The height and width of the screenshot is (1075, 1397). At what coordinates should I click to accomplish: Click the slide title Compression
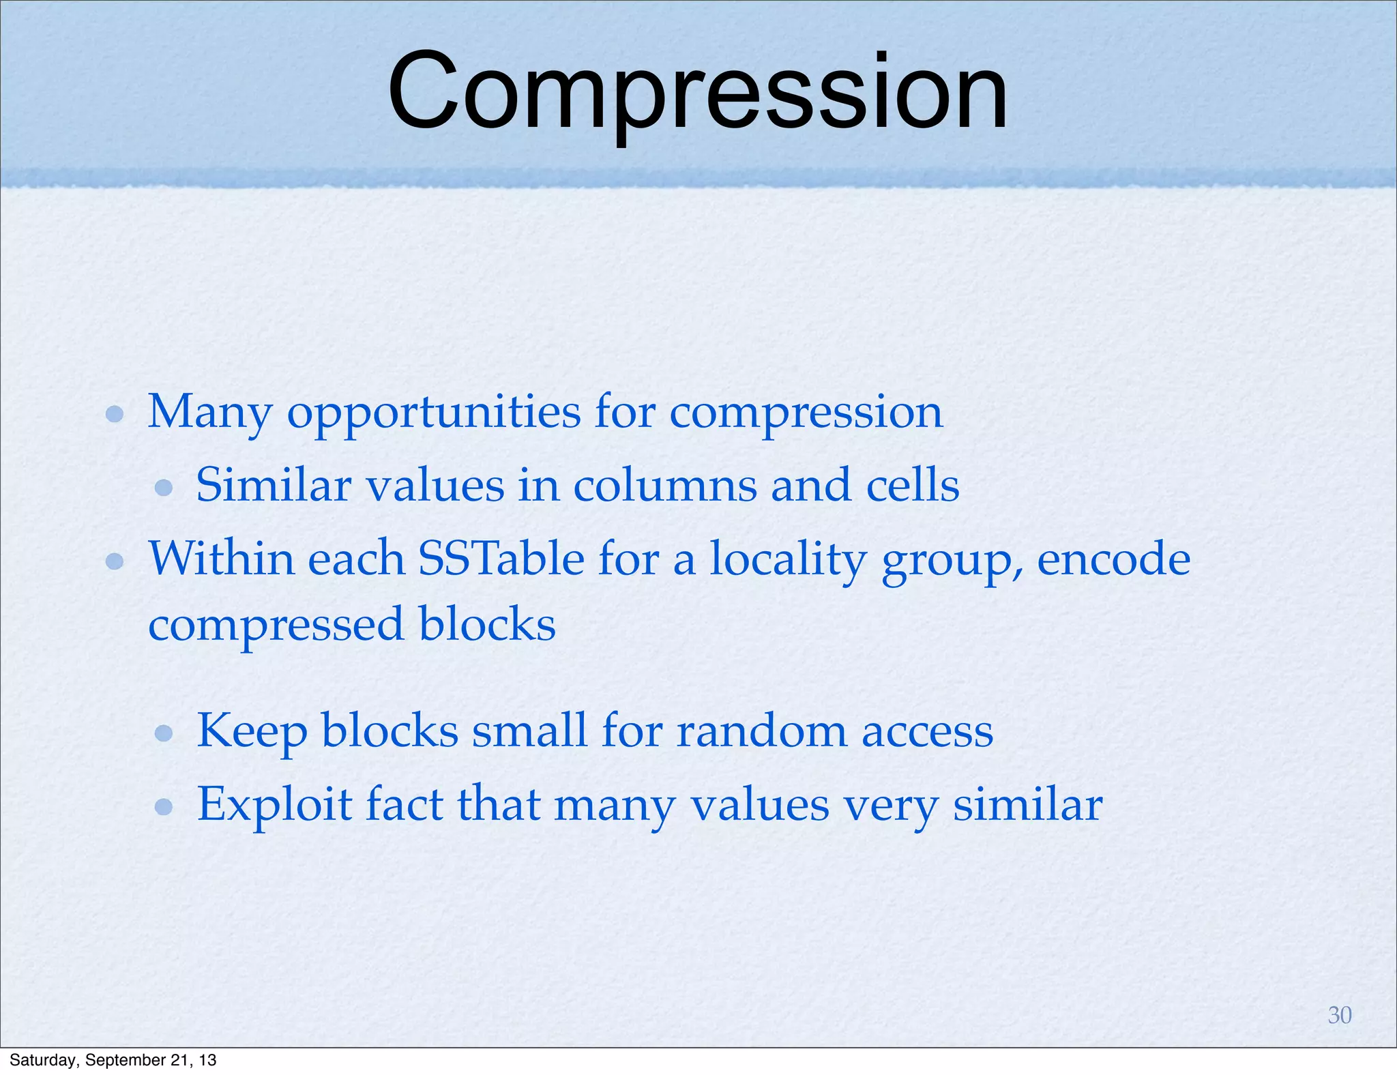pos(697,92)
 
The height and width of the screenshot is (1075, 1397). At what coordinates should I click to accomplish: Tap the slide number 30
pos(1339,1015)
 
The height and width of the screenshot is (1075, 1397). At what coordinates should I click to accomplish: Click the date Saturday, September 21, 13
pos(113,1060)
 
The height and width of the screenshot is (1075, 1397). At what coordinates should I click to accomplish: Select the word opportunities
pos(434,413)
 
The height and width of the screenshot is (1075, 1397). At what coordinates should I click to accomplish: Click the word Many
pos(210,413)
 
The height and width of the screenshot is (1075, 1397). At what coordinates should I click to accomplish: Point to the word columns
pos(665,486)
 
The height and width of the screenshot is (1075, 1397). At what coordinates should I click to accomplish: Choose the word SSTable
pos(501,559)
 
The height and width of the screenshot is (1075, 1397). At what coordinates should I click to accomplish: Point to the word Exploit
pos(274,805)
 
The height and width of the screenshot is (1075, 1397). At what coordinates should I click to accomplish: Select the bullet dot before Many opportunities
pos(115,414)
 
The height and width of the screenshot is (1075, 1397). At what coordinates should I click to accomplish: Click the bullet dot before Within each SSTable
pos(115,561)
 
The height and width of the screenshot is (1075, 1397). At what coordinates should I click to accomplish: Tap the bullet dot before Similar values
pos(164,487)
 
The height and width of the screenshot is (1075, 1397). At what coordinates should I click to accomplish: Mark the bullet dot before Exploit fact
pos(164,807)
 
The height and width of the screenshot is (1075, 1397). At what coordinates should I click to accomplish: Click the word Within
pos(222,559)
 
